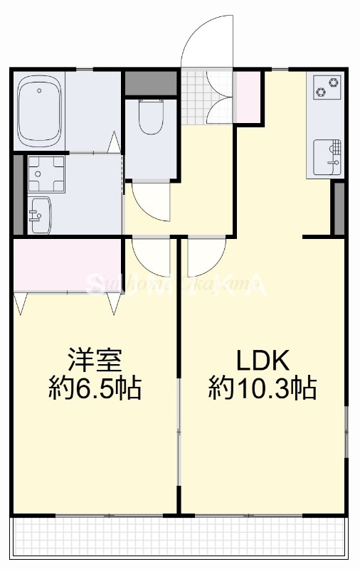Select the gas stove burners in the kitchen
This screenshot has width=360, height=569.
pos(327,87)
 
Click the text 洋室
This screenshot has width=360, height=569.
pos(95,360)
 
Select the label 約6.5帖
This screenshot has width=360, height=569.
pos(95,388)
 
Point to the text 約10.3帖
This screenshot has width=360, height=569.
pos(263,389)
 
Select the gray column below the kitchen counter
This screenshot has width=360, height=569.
pos(339,208)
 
